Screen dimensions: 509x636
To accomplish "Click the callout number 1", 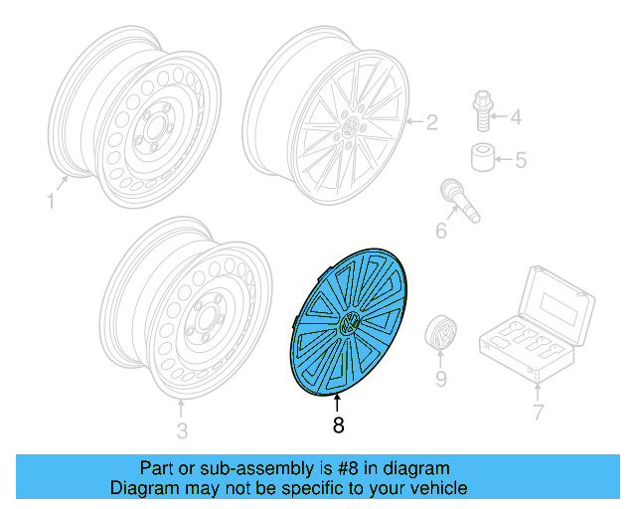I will click(51, 202).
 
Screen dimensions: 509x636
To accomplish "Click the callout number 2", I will click(431, 124).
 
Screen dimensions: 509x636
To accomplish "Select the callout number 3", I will click(181, 430).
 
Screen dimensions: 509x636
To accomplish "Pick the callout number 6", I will click(441, 231).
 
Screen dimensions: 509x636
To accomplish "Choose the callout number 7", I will click(539, 411).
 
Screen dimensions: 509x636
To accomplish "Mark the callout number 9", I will click(440, 379).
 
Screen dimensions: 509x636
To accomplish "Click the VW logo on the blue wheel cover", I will click(350, 322).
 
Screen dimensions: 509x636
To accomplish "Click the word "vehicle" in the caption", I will click(438, 488).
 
